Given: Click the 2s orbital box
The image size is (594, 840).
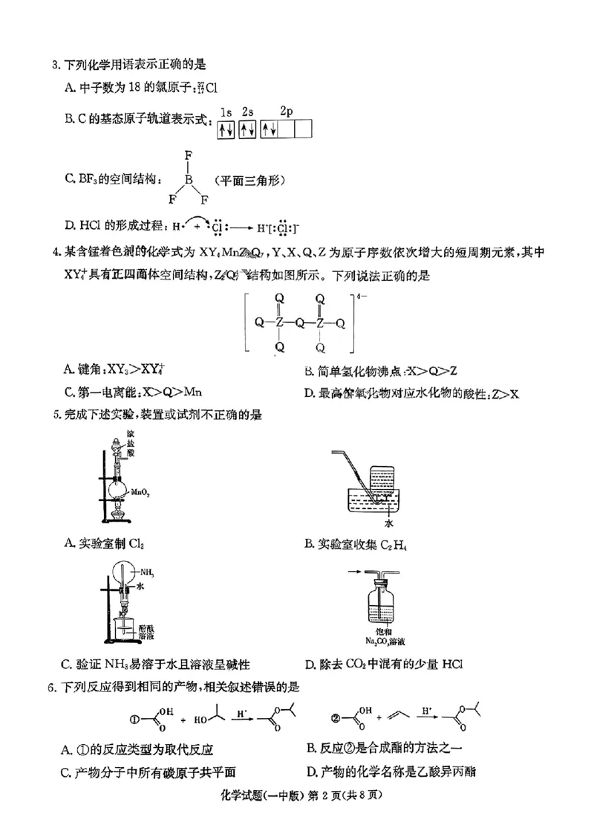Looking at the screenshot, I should [248, 130].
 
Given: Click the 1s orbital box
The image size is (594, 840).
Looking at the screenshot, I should [226, 130].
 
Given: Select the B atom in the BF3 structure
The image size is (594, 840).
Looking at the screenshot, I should [189, 179].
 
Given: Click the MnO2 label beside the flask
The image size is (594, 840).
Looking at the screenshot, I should [140, 491].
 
